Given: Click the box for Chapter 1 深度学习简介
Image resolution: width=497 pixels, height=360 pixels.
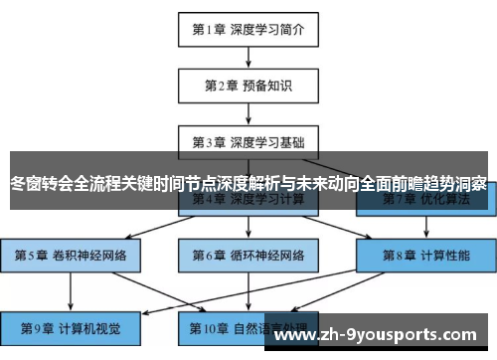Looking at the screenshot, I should [248, 29].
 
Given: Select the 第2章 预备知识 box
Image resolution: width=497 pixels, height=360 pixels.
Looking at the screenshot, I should [248, 86].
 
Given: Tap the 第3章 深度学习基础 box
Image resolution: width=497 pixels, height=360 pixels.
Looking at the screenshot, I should [248, 140].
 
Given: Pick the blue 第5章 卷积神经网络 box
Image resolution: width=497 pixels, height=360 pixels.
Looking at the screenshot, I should [70, 256].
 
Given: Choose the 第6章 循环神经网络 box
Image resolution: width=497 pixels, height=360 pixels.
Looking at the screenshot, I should [248, 256].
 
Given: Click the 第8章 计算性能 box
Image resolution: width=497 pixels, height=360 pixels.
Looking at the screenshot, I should [426, 256].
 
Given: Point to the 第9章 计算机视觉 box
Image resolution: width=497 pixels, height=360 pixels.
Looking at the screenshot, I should [70, 326].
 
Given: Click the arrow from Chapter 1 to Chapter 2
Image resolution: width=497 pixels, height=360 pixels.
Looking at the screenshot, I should [248, 57].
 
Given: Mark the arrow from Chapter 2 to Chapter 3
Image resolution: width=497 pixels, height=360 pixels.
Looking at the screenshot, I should [248, 112].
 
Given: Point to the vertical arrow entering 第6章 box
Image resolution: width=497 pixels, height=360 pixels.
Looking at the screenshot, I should [248, 228].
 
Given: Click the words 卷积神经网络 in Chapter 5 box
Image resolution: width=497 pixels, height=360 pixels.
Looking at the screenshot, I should [87, 256].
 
